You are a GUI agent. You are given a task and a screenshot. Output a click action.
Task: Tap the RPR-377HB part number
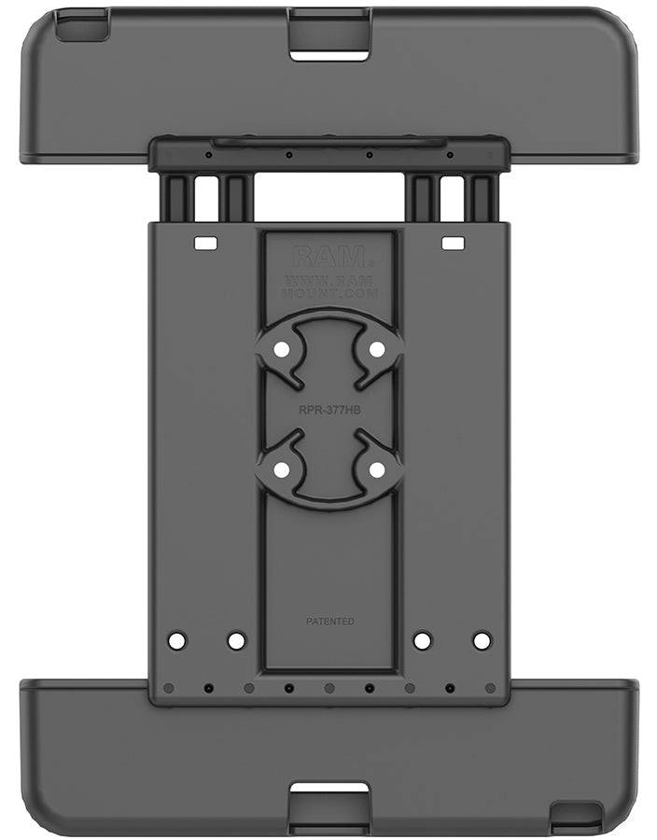coord(329,406)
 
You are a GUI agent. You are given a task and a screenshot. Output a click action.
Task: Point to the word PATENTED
coord(329,621)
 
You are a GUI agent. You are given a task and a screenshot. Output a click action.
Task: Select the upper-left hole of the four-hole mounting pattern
coord(281,348)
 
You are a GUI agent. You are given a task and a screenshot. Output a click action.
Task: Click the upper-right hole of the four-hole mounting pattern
coord(377,348)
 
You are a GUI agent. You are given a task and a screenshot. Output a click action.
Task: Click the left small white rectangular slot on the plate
coord(204,244)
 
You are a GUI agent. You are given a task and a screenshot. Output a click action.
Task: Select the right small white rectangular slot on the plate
coord(453,244)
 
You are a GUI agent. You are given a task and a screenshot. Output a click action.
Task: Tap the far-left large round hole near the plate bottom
coord(176,641)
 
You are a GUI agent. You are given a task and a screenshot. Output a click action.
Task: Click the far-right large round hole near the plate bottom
coord(482,641)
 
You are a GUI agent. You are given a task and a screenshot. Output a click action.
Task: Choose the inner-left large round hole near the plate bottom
coord(236,641)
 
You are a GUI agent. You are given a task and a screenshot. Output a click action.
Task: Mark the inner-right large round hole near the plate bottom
coord(422,641)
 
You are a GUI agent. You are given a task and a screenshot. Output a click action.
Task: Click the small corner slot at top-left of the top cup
coord(71,31)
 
